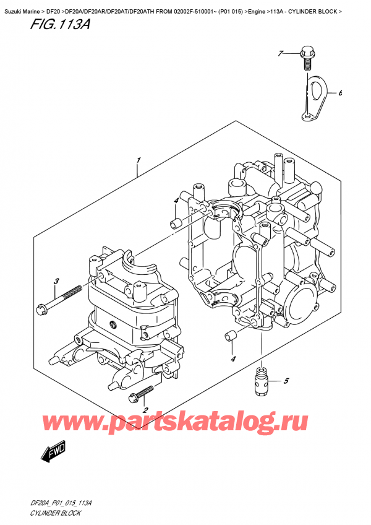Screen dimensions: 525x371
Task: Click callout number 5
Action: coord(286,380)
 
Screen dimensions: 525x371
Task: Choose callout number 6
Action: coord(339,94)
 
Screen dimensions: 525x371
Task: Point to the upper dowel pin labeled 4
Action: coord(176,222)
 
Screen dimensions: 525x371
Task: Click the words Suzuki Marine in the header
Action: coord(20,5)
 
